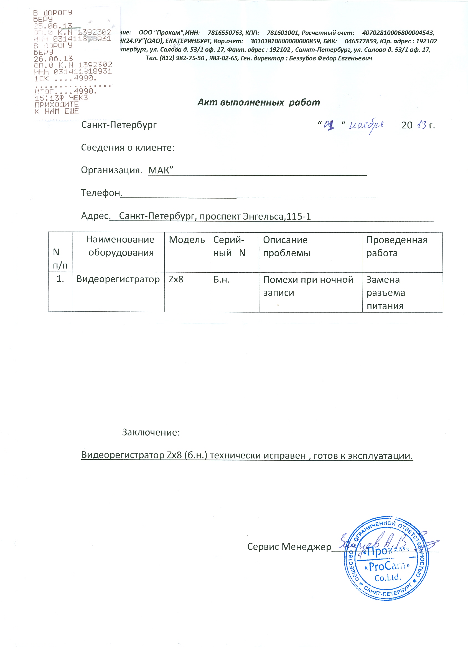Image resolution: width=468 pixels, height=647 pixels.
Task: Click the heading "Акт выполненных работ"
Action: (x=258, y=102)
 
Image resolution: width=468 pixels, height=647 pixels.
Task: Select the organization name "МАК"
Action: (x=159, y=170)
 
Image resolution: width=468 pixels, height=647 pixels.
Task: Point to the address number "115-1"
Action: (x=298, y=216)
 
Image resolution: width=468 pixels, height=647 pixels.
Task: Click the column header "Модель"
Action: (x=187, y=240)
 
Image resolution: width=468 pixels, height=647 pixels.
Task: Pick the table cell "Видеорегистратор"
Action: (x=118, y=279)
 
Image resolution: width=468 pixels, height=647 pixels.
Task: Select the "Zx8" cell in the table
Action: (x=176, y=279)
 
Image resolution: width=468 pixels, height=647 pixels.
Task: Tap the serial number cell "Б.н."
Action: (x=221, y=280)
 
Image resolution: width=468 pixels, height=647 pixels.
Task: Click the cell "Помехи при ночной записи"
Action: (x=308, y=286)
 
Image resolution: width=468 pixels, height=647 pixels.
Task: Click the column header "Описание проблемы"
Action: (x=286, y=246)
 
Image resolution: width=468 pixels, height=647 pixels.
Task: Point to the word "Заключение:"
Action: (x=151, y=432)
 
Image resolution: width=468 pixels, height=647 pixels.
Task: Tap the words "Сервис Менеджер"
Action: (x=289, y=547)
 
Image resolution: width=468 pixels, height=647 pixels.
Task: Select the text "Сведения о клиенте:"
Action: (x=128, y=148)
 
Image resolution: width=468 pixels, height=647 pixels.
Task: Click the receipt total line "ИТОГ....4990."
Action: (x=66, y=91)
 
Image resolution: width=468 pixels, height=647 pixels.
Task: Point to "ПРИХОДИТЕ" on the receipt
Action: (x=57, y=104)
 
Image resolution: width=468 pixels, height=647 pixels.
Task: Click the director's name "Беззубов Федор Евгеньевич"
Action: (x=330, y=59)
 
